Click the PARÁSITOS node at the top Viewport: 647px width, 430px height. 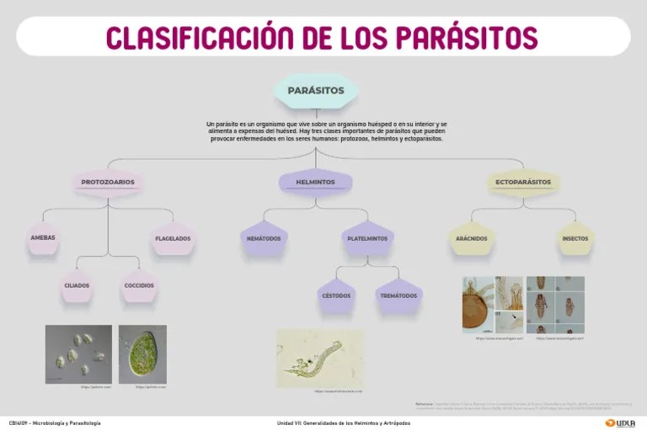[316, 90]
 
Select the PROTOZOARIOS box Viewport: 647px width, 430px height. [108, 182]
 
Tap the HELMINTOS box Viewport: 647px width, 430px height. [315, 182]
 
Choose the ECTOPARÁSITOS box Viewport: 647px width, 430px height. [522, 182]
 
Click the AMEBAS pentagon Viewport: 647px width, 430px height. [43, 238]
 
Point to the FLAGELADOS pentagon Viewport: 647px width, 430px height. [173, 239]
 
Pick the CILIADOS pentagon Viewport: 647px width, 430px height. [77, 285]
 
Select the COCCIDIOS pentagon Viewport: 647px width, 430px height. [139, 285]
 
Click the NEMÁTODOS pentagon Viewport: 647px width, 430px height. [264, 239]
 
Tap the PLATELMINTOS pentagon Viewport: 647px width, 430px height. [367, 239]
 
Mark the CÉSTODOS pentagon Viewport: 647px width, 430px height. [336, 295]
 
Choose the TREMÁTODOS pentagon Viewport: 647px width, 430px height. [398, 295]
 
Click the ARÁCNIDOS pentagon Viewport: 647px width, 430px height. [471, 239]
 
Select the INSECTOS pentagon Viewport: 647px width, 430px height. [575, 239]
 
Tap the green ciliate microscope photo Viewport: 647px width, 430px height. [142, 354]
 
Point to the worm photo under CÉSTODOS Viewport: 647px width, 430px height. [320, 358]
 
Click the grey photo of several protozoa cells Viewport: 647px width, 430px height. [78, 354]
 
